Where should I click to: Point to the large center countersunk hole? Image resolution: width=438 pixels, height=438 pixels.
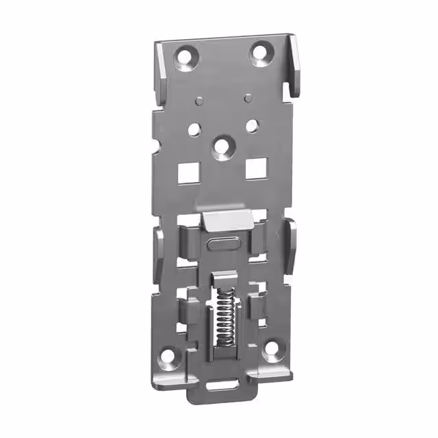click(x=220, y=144)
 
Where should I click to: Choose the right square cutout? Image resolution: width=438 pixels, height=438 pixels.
click(x=255, y=166)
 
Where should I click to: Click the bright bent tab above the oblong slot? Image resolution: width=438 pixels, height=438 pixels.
click(x=226, y=220)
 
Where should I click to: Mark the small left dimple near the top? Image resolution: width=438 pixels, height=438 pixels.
click(x=198, y=100)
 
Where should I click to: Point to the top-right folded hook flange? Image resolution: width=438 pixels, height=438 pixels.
click(x=294, y=65)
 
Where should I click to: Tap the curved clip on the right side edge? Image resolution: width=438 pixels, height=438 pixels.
click(x=289, y=246)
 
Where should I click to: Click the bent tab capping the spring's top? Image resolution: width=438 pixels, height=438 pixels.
click(x=220, y=279)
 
